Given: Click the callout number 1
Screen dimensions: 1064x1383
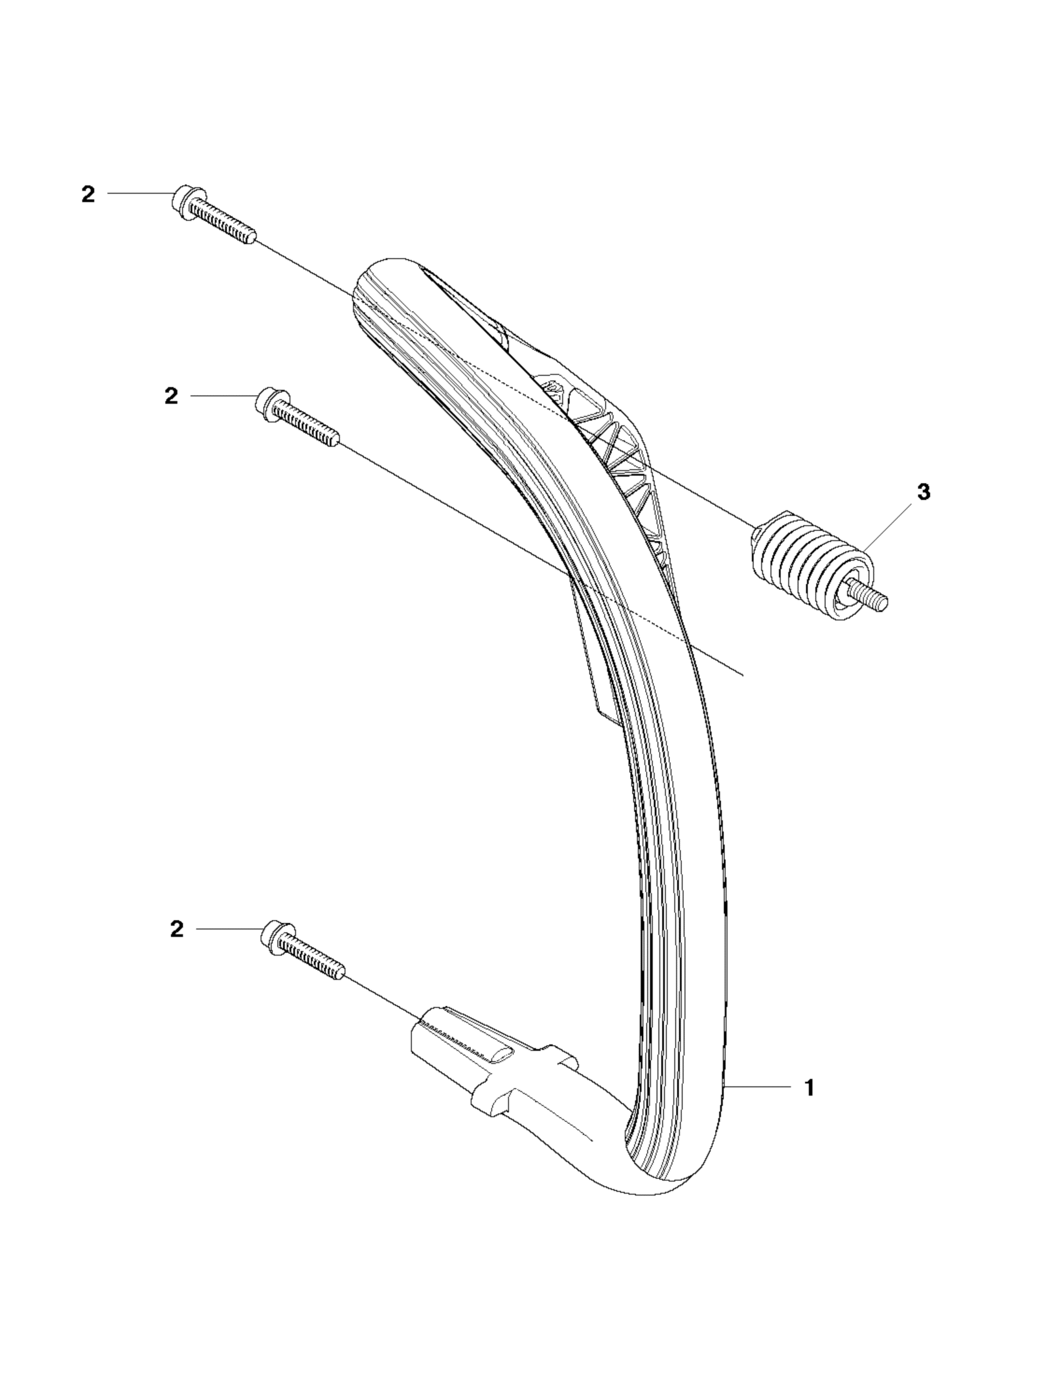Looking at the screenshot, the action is [808, 1088].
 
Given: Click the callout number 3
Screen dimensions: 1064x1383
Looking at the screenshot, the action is [924, 492].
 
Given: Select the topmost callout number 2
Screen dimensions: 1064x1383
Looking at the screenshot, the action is [87, 194].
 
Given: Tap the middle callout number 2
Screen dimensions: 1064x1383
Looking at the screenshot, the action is [170, 396].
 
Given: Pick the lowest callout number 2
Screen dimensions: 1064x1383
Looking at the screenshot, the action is [177, 929].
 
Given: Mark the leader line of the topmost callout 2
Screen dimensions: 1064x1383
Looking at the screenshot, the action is [139, 194].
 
